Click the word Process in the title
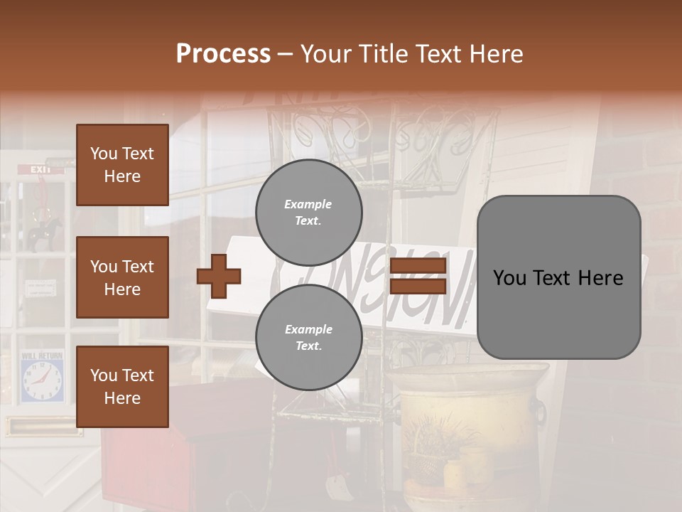click(223, 54)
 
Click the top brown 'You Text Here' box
click(122, 165)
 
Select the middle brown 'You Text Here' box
click(122, 277)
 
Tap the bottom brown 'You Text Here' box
click(122, 387)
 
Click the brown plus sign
click(219, 276)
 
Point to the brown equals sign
click(418, 276)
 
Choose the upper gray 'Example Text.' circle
click(308, 213)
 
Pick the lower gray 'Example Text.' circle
click(308, 338)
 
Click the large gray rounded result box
click(558, 277)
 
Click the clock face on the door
click(42, 380)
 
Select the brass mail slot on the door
click(41, 427)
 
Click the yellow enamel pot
click(469, 412)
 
